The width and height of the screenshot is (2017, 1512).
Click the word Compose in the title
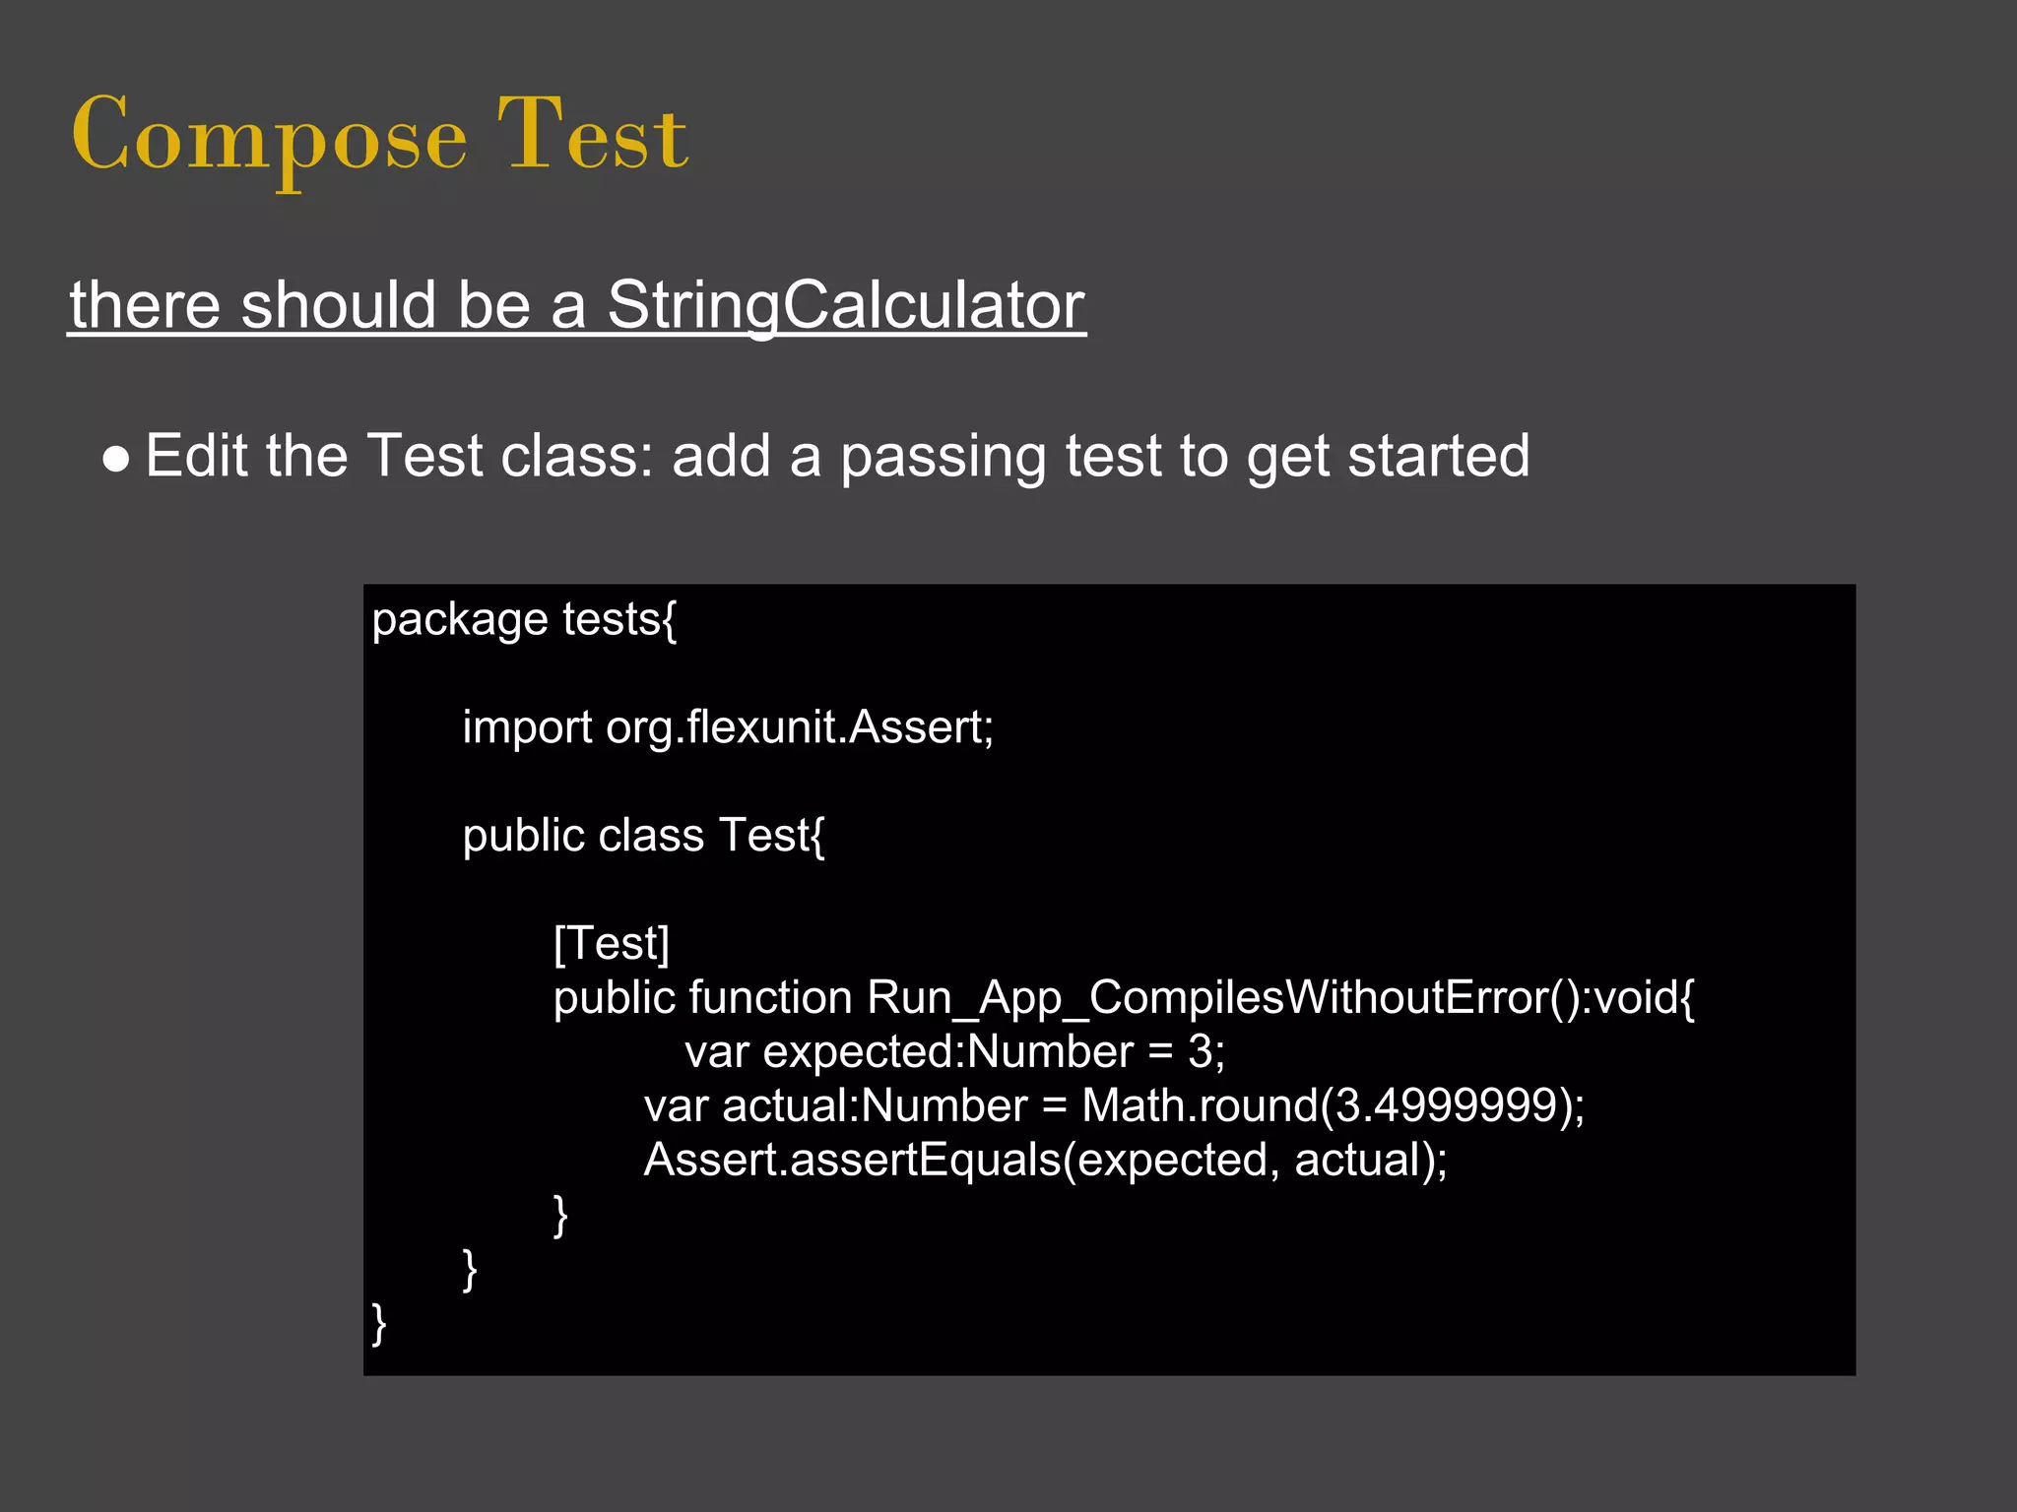pos(269,136)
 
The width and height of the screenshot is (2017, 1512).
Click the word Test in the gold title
pos(592,136)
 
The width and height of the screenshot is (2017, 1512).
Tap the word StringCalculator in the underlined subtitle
pos(845,304)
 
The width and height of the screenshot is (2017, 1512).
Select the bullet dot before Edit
pos(116,459)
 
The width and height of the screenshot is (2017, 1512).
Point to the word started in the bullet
pos(1438,456)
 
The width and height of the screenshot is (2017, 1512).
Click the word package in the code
pos(459,620)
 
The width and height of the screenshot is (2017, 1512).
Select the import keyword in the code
pos(527,728)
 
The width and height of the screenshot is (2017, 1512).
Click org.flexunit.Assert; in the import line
pos(800,728)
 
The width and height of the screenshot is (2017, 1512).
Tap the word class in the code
pos(651,836)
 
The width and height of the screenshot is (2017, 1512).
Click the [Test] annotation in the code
pos(612,943)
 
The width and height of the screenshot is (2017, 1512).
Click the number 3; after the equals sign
pos(1205,1051)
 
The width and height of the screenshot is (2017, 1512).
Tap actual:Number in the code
pos(875,1105)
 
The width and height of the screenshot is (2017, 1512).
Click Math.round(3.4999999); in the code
pos(1333,1105)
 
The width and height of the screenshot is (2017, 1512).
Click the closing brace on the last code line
pos(379,1322)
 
